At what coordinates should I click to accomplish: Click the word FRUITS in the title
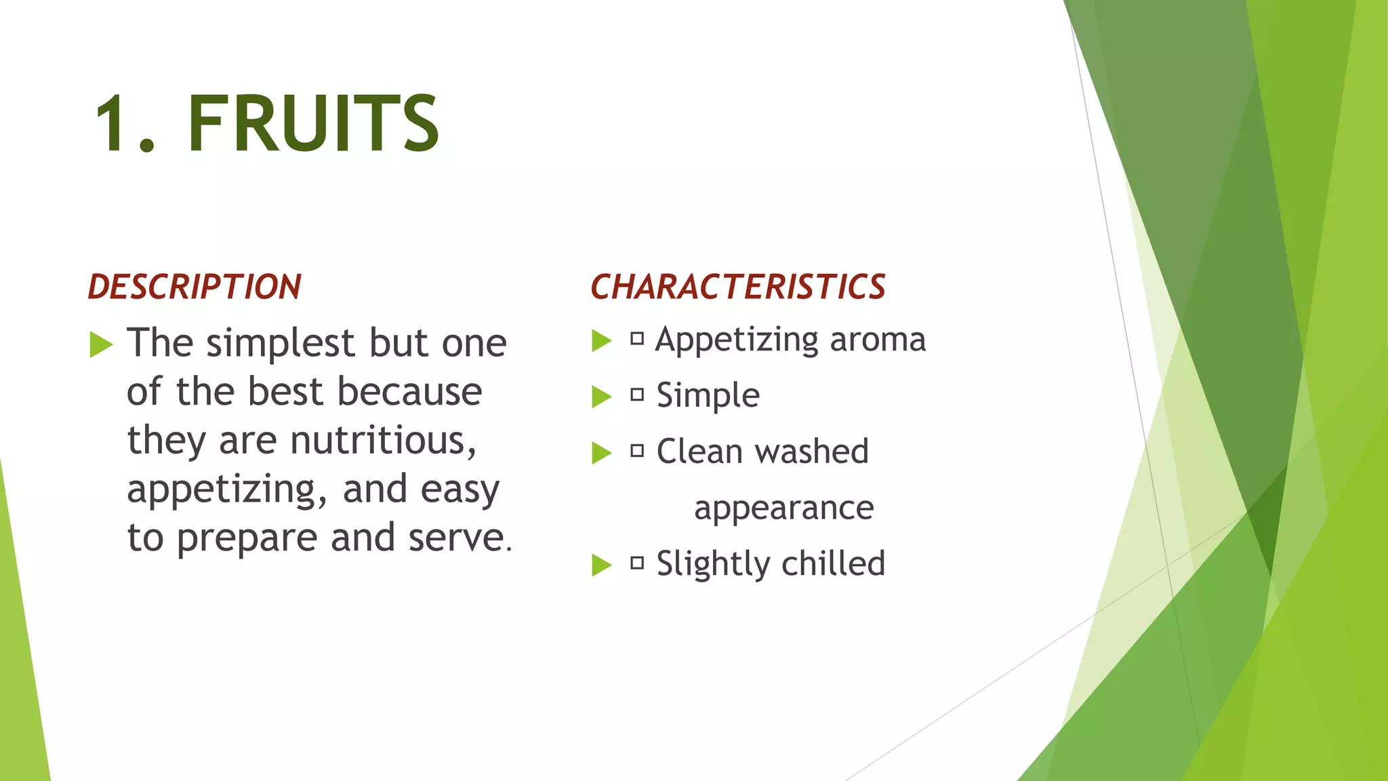(313, 123)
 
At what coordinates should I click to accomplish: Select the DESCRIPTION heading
(195, 287)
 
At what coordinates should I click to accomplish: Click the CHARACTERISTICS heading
(738, 287)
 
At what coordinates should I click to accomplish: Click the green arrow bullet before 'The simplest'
(101, 344)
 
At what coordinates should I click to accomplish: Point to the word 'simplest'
(281, 344)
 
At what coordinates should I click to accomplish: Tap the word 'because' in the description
(409, 392)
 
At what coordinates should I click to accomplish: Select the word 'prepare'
(247, 539)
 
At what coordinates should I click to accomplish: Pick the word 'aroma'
(878, 339)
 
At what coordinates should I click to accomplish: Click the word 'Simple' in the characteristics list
(708, 396)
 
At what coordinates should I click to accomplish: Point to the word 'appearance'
(784, 508)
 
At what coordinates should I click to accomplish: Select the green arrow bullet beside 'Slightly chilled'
(601, 564)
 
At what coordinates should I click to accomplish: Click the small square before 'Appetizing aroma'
(637, 338)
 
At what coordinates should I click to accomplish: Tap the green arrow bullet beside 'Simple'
(601, 397)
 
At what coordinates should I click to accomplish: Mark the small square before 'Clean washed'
(637, 451)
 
